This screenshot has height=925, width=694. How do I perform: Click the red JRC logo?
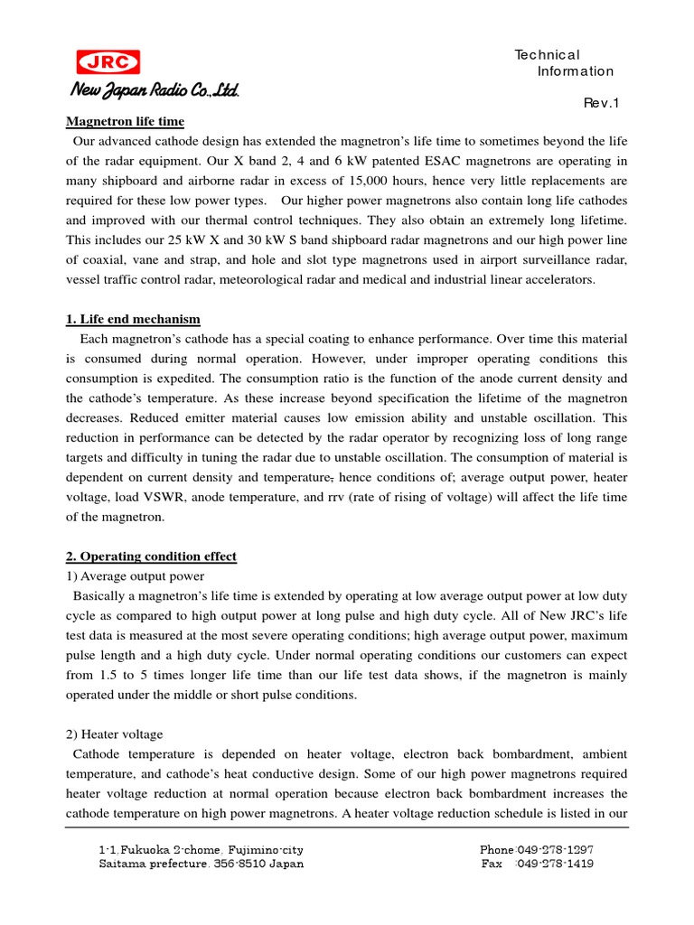(108, 61)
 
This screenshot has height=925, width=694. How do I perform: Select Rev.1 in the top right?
(602, 103)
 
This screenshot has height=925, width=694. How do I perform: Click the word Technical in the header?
(547, 55)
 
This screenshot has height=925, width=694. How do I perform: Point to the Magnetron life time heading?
(126, 121)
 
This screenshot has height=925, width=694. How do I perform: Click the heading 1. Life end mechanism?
(133, 319)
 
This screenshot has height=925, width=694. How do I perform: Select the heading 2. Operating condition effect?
(152, 556)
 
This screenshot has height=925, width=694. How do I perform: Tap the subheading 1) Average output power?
(136, 576)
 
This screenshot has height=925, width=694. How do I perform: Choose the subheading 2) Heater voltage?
(115, 734)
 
